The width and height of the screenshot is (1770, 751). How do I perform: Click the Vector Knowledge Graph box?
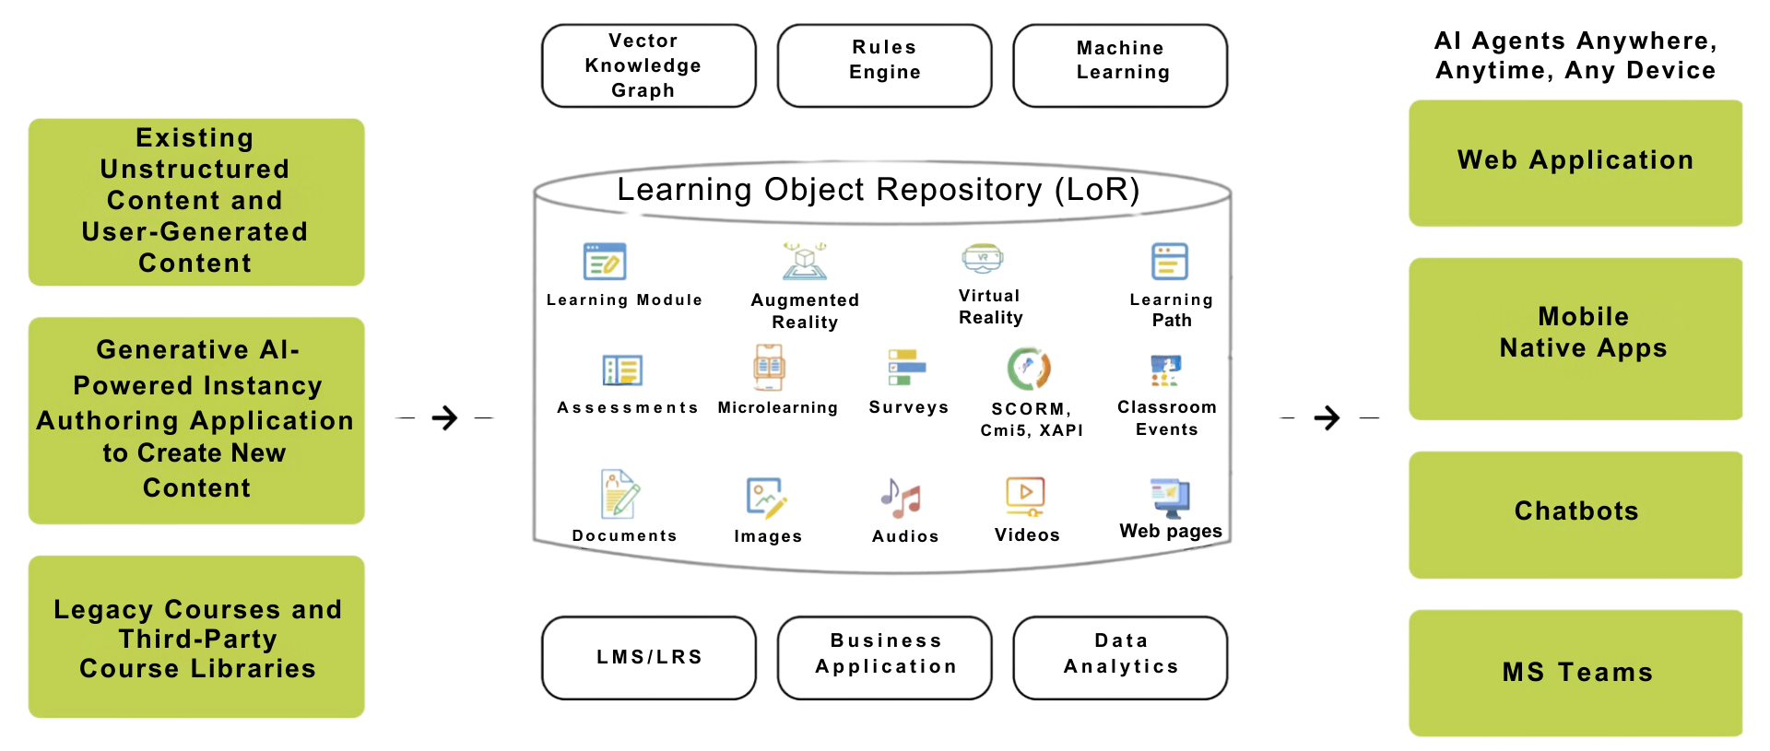pyautogui.click(x=649, y=65)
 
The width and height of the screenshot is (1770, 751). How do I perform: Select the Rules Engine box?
pyautogui.click(x=885, y=65)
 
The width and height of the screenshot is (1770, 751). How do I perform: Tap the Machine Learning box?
pyautogui.click(x=1120, y=65)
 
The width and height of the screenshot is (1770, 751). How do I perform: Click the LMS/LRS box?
pyautogui.click(x=649, y=658)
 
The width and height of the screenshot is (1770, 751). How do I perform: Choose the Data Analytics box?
pyautogui.click(x=1120, y=658)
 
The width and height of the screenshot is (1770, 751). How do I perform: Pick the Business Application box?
pyautogui.click(x=885, y=658)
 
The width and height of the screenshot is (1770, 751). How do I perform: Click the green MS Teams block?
pyautogui.click(x=1575, y=673)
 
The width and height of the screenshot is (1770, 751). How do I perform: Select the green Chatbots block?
pyautogui.click(x=1575, y=514)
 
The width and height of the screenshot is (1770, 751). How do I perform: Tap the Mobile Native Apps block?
pyautogui.click(x=1575, y=339)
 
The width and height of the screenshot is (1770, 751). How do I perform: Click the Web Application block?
pyautogui.click(x=1575, y=163)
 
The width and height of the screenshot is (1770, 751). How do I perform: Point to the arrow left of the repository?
pyautogui.click(x=444, y=418)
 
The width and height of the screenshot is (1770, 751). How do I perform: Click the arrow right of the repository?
pyautogui.click(x=1327, y=418)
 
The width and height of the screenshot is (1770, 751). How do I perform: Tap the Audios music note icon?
pyautogui.click(x=901, y=499)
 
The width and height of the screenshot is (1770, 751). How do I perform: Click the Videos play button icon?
pyautogui.click(x=1025, y=497)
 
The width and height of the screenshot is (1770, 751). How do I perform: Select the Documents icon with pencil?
pyautogui.click(x=620, y=494)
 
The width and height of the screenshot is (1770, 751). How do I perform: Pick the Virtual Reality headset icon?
pyautogui.click(x=983, y=259)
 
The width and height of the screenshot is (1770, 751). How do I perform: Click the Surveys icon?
pyautogui.click(x=907, y=367)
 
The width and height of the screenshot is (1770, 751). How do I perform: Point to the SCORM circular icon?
pyautogui.click(x=1029, y=369)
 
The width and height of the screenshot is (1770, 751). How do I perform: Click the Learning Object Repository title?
pyautogui.click(x=879, y=189)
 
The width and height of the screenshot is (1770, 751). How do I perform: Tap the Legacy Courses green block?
pyautogui.click(x=196, y=637)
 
